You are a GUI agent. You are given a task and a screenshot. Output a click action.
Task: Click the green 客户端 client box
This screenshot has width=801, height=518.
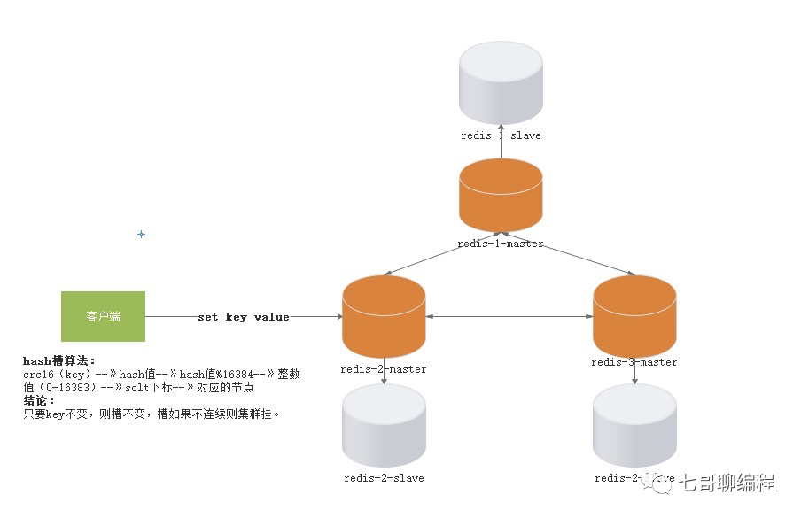click(103, 316)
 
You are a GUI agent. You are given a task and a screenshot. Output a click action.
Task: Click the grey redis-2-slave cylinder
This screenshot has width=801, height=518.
click(384, 426)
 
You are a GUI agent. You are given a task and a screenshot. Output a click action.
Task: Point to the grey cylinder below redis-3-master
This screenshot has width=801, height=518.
click(634, 426)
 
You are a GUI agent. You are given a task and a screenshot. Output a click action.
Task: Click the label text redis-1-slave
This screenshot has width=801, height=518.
click(501, 135)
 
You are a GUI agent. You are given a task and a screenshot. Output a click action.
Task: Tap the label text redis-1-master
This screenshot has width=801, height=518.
click(501, 244)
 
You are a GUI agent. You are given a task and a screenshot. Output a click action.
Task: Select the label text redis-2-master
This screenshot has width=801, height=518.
click(384, 369)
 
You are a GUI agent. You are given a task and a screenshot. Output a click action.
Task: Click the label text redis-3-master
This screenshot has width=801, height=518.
click(634, 362)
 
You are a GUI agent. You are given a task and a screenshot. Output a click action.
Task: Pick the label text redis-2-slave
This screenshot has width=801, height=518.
click(384, 478)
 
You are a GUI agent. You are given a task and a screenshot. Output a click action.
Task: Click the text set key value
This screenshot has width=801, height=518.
click(244, 317)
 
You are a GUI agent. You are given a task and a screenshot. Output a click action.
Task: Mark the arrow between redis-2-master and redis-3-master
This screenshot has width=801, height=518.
click(509, 317)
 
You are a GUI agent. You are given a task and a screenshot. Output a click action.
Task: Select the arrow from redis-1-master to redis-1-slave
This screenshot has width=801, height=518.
click(501, 145)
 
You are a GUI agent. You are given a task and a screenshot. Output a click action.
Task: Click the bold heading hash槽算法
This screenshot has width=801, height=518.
click(58, 361)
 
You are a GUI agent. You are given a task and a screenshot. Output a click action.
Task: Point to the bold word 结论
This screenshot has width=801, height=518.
click(39, 400)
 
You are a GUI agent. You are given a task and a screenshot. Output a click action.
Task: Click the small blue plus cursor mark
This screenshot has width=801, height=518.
click(141, 235)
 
